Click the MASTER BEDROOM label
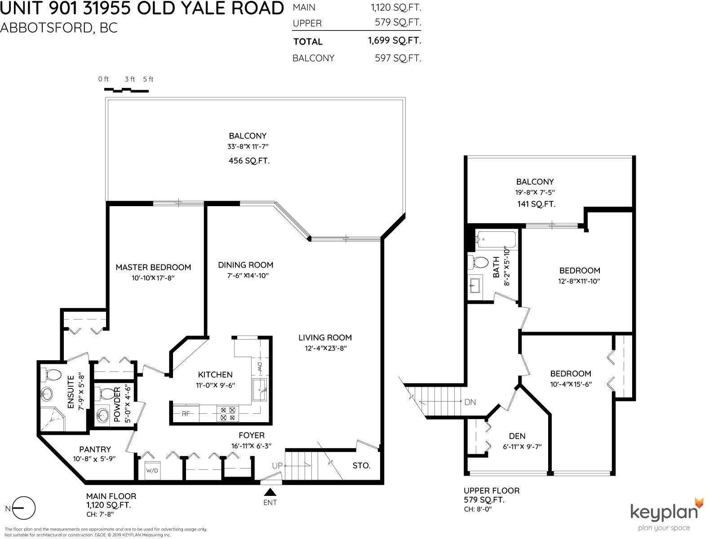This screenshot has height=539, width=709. point(153,267)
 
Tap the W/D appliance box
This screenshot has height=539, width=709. point(152,471)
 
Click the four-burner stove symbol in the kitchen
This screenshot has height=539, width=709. point(227,414)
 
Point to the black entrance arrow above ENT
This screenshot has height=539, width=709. point(270,492)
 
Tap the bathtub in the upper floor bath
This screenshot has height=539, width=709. point(497,240)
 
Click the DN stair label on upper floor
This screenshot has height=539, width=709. point(470,402)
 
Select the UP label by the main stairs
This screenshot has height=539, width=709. point(278,465)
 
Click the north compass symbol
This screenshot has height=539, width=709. point(23,508)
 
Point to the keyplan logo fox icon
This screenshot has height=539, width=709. point(699,503)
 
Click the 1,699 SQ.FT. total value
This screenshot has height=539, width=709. point(394,41)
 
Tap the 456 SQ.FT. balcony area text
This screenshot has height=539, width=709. point(249,161)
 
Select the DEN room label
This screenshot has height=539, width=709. point(517,436)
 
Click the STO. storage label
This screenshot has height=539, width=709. point(361,465)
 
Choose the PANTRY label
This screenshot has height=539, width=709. point(95,449)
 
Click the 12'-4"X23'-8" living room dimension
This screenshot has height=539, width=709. point(326,348)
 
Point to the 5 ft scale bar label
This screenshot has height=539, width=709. point(148,79)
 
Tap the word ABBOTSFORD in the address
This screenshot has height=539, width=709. point(47,28)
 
